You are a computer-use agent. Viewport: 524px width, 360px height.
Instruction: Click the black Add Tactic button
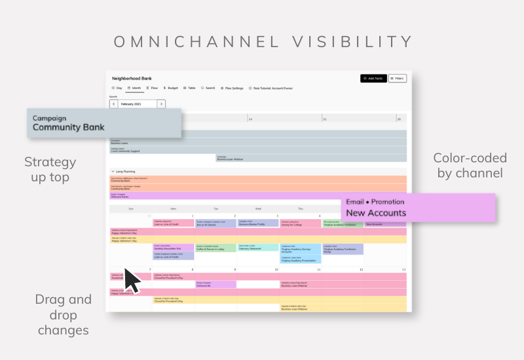coord(373,79)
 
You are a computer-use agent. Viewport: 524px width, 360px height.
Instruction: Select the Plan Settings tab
coord(232,88)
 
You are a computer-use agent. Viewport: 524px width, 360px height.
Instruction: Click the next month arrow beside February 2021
coord(161,103)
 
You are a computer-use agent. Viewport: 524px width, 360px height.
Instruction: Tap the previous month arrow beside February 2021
coord(113,103)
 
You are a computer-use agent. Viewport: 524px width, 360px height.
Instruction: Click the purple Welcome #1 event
coord(215,284)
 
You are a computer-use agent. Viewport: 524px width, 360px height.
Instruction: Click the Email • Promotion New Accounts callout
coord(419,207)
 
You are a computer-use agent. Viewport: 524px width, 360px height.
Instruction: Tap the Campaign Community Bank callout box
coord(104,123)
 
